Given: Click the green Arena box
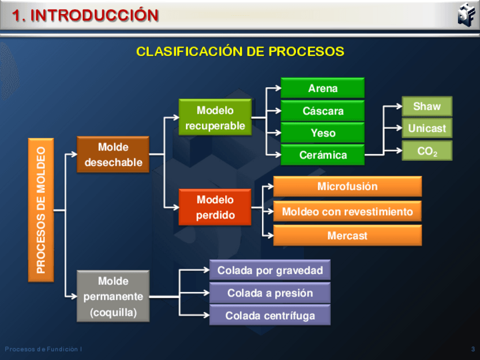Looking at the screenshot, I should [323, 88].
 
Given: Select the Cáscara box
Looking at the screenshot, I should [323, 110].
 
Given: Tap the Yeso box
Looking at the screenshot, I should [323, 132].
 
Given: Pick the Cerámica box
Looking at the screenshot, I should [323, 155].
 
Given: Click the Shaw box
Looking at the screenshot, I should [427, 106].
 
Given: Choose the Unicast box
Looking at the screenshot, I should [427, 128].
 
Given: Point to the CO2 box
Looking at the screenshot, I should [427, 151].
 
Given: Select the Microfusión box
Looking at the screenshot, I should [347, 186].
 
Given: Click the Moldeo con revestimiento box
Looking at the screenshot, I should [347, 212].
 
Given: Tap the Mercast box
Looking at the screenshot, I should [347, 235].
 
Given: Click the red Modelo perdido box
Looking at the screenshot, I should [215, 207].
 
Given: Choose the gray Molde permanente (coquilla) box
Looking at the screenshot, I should [113, 297].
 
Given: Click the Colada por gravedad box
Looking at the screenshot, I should [269, 270].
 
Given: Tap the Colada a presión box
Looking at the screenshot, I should [269, 293].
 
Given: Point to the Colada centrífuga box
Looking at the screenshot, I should [269, 315].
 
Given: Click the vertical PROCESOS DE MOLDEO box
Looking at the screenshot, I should [41, 210].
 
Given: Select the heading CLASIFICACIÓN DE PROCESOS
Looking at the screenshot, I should [240, 52].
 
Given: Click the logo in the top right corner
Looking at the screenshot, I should [465, 14].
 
